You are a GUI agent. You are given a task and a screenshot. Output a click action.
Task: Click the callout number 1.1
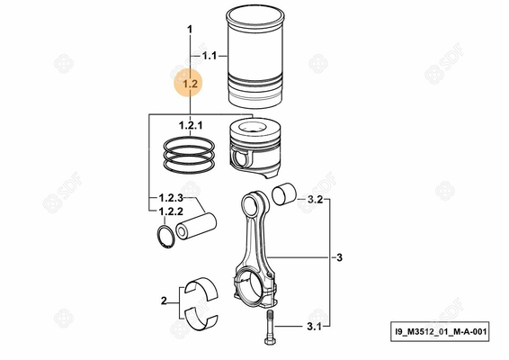pos(210,56)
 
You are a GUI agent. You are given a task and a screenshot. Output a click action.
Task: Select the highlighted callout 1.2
pos(190,85)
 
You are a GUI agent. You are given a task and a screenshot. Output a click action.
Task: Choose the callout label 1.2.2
pos(171,211)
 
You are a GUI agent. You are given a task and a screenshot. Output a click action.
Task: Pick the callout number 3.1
pos(315,325)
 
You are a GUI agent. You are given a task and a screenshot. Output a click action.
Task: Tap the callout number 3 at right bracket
pos(339,259)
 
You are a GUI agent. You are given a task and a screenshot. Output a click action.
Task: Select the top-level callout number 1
pos(190,30)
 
